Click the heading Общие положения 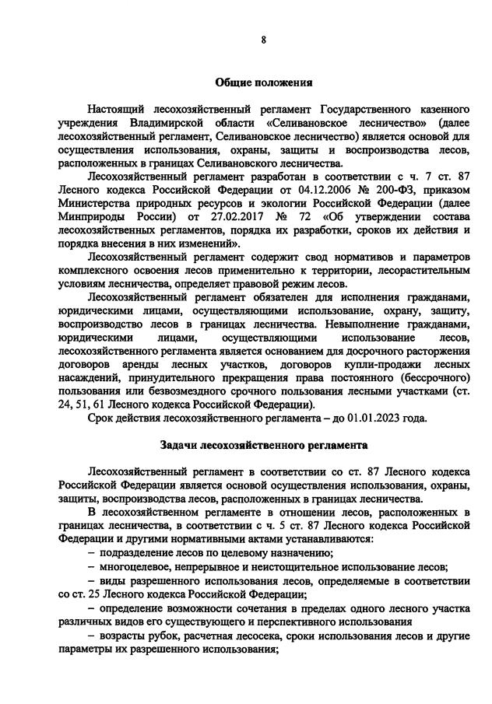pos(263,82)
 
